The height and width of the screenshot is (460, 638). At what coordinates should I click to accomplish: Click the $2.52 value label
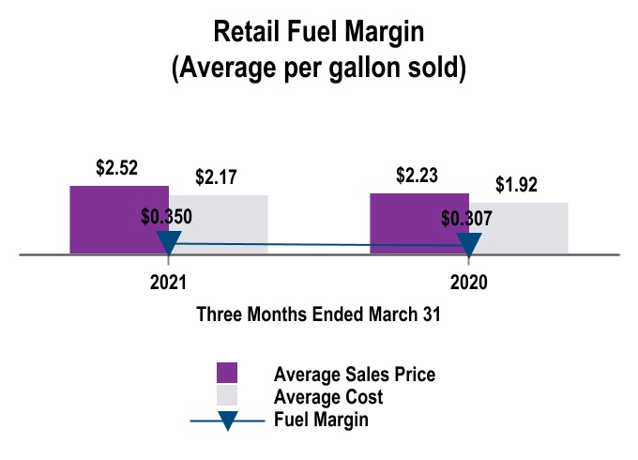pyautogui.click(x=117, y=169)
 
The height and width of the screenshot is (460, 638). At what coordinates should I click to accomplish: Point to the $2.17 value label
pyautogui.click(x=217, y=176)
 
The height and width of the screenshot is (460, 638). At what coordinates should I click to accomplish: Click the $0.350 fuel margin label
pyautogui.click(x=166, y=217)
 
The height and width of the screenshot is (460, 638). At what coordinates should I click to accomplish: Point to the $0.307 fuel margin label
pyautogui.click(x=466, y=219)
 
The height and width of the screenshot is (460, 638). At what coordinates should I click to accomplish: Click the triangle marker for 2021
pyautogui.click(x=168, y=243)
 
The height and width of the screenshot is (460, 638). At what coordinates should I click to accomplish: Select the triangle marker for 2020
pyautogui.click(x=468, y=244)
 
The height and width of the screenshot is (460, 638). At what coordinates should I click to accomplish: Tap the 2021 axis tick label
pyautogui.click(x=168, y=283)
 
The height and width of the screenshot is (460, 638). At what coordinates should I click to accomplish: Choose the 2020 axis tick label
pyautogui.click(x=468, y=283)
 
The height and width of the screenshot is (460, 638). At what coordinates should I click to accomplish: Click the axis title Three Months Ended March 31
pyautogui.click(x=318, y=315)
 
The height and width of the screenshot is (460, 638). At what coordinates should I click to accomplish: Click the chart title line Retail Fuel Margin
pyautogui.click(x=319, y=32)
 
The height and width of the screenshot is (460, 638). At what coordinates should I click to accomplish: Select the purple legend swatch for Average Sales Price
pyautogui.click(x=227, y=373)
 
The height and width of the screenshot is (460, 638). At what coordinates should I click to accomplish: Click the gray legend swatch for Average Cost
pyautogui.click(x=227, y=395)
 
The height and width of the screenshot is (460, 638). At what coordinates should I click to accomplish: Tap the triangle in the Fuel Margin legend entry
pyautogui.click(x=227, y=421)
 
